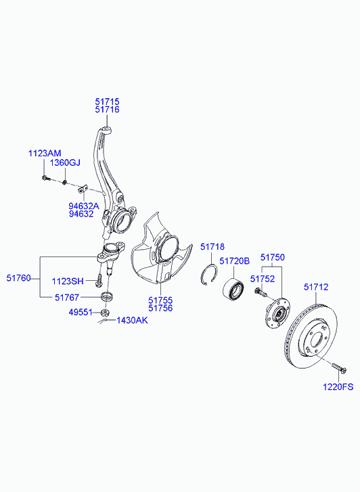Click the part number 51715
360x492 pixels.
108,102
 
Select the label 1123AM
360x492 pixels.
45,154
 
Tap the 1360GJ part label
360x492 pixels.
65,163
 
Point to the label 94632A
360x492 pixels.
84,206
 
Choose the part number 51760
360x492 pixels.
19,278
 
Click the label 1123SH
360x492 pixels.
68,281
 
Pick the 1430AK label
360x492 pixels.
132,320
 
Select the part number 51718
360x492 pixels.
212,247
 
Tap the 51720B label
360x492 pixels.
234,261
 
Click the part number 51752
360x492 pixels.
263,279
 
